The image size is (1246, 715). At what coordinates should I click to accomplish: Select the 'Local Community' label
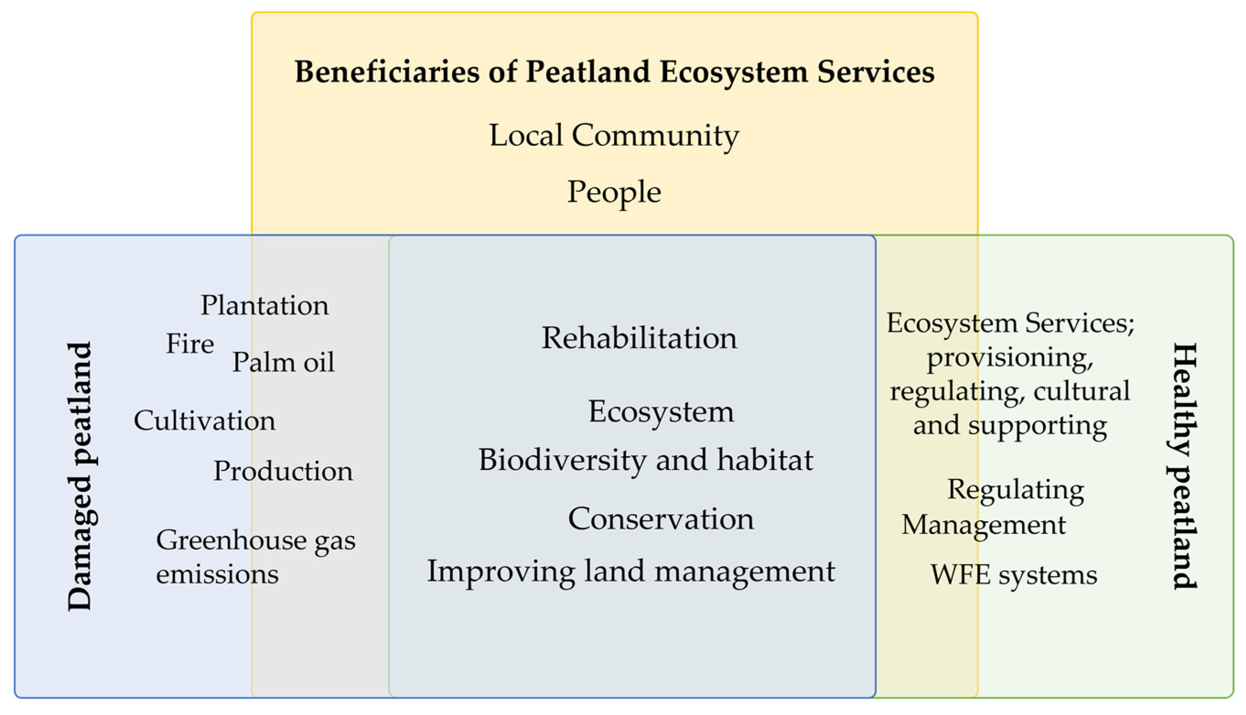614,135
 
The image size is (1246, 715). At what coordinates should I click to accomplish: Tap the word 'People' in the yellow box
614,192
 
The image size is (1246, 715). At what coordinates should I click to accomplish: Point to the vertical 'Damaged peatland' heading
80,476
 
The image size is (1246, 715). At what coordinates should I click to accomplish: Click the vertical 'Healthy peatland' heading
1184,466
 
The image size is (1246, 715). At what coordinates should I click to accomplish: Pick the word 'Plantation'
264,305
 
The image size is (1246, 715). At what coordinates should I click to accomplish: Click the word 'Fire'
190,343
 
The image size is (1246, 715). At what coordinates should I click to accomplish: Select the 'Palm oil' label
283,363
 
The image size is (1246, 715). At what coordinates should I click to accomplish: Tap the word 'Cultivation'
204,421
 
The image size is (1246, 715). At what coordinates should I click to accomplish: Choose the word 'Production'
283,471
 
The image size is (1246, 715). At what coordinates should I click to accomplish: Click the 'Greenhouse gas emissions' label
256,557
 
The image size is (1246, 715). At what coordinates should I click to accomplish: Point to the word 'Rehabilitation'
639,338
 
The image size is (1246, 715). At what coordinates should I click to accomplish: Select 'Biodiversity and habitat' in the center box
645,460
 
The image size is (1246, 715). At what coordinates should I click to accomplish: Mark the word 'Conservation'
661,518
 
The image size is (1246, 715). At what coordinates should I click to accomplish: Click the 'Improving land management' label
631,571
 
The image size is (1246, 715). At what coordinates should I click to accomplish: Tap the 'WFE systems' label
1014,575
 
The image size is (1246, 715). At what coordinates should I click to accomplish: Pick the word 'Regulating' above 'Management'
1015,490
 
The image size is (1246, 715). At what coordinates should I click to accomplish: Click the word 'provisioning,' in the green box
1010,357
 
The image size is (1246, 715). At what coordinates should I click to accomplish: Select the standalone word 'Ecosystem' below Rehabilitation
661,411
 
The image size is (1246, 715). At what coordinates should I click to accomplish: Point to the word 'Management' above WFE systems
983,525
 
